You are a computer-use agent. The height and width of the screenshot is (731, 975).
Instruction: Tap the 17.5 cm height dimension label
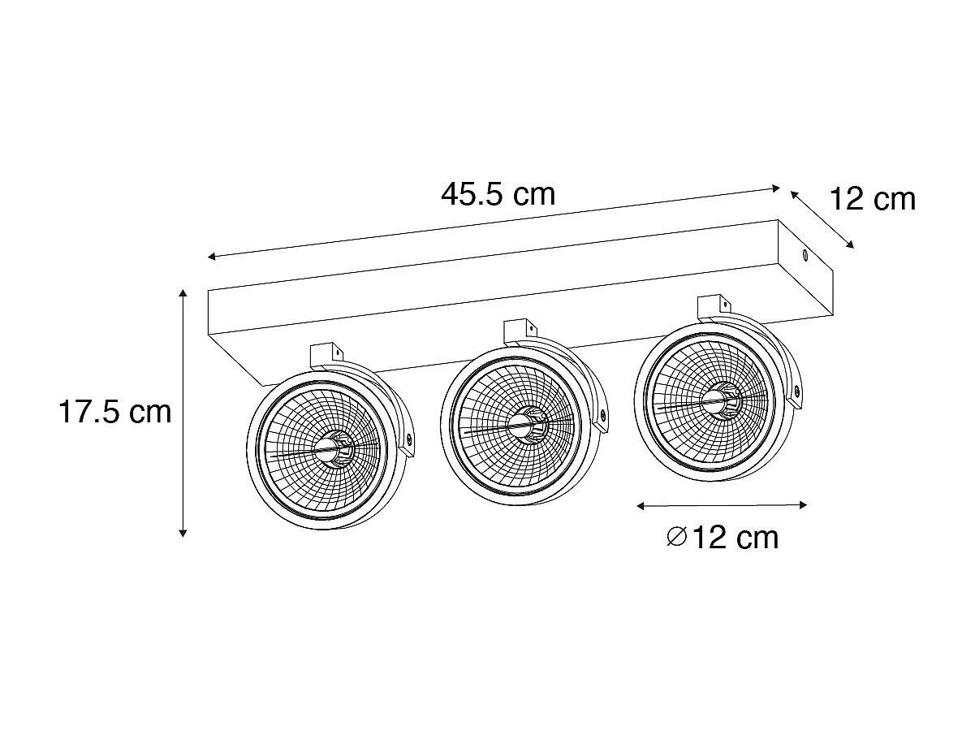tap(114, 412)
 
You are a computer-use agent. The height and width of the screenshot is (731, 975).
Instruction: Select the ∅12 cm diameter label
tap(722, 537)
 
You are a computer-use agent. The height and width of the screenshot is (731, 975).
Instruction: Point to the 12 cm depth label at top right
tap(872, 198)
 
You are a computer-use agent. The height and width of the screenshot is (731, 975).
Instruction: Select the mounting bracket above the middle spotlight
tap(520, 329)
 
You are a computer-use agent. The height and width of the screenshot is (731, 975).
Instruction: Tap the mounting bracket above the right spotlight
tap(715, 306)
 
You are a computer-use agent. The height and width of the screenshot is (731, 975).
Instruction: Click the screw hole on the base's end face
tap(805, 257)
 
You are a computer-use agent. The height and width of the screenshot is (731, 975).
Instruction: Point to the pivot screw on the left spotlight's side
tap(408, 439)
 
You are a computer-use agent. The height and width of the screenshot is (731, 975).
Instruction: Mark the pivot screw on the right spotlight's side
tap(796, 392)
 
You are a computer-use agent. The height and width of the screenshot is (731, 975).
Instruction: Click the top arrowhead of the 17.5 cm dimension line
tap(184, 293)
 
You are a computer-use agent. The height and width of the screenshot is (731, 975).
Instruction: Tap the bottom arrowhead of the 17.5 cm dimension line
tap(184, 533)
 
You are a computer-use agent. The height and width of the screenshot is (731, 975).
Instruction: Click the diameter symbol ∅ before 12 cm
tap(676, 537)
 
